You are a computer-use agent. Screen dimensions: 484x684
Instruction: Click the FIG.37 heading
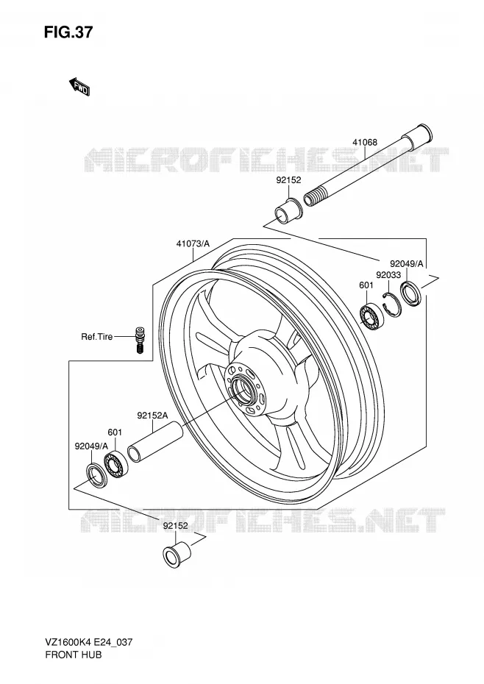point(68,32)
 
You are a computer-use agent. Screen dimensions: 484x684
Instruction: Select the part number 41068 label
point(365,142)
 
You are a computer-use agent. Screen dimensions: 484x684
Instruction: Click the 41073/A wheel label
point(193,243)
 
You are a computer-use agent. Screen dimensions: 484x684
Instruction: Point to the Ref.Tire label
point(97,337)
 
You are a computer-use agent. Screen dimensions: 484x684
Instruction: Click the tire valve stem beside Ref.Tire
point(140,339)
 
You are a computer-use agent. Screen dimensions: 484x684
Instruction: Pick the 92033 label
point(388,275)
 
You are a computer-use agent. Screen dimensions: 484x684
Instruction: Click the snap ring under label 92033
point(391,305)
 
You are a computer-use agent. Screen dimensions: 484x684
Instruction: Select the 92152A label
point(152,416)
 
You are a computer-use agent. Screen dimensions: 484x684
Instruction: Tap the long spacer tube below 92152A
point(155,441)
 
